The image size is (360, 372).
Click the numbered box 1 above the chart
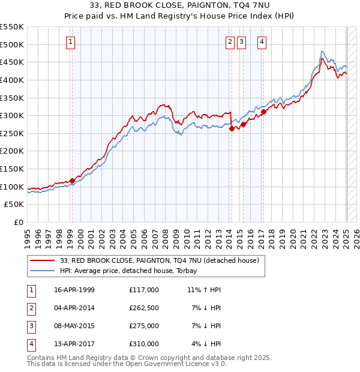pyautogui.click(x=71, y=42)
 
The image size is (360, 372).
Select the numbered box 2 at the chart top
pyautogui.click(x=230, y=42)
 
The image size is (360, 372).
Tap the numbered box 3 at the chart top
pyautogui.click(x=241, y=42)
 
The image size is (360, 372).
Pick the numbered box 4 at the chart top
pyautogui.click(x=262, y=42)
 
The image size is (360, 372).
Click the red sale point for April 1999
pyautogui.click(x=72, y=181)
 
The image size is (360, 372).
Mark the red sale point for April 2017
pyautogui.click(x=263, y=112)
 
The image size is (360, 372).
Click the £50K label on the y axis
pyautogui.click(x=14, y=205)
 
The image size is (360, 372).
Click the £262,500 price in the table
pyautogui.click(x=143, y=308)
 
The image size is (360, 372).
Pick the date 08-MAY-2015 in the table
pyautogui.click(x=74, y=326)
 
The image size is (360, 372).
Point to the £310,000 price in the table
pyautogui.click(x=143, y=344)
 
